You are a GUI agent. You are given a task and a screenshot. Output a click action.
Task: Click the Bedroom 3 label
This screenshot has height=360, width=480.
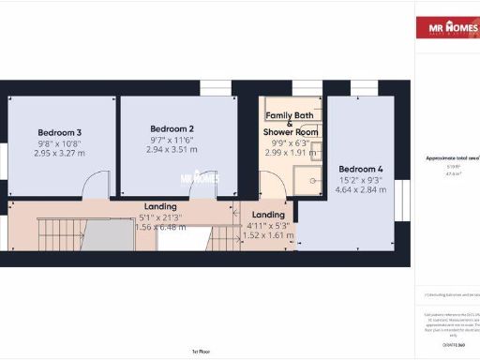pos(60,132)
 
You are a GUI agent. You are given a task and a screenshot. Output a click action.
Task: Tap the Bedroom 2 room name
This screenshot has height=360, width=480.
pos(172,128)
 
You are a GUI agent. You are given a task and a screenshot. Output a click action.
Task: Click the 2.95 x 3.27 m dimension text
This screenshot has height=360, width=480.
pos(60,153)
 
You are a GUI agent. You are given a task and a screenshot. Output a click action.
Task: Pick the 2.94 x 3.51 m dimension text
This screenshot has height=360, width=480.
pos(172,149)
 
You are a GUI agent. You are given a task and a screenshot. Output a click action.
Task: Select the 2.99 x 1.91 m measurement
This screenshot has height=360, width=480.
pos(291,151)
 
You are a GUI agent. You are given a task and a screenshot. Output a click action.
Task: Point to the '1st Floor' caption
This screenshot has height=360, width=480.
pos(200,352)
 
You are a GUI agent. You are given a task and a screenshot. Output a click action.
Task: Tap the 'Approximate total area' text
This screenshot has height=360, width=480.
pos(452,160)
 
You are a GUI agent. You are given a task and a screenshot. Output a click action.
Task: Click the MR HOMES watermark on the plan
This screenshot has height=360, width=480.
pos(199,176)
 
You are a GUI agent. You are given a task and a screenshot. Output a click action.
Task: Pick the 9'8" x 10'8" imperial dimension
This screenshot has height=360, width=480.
pos(60,142)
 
